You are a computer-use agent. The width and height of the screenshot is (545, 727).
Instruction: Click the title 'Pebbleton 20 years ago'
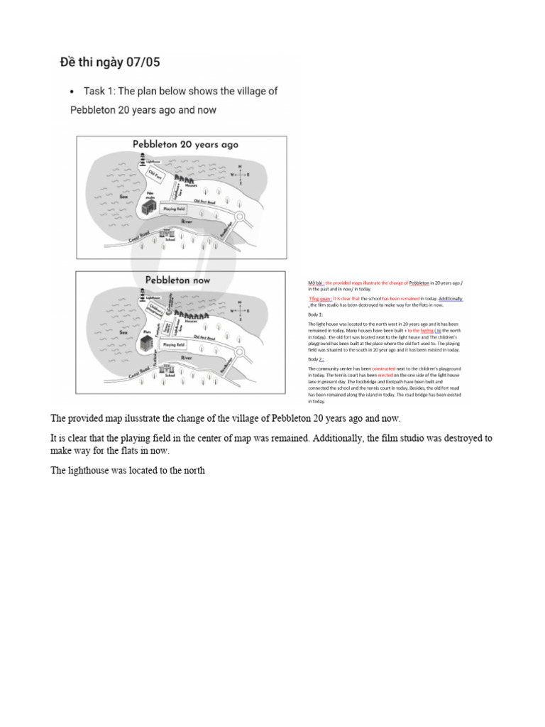185,144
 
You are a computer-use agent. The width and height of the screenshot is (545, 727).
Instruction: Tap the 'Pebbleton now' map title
178,280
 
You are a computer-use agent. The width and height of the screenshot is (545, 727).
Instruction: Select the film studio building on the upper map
149,207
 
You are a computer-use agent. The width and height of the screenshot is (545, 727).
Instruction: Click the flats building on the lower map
148,342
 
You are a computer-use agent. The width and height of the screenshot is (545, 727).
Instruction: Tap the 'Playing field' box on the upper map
175,209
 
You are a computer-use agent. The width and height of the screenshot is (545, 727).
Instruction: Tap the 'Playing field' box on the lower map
175,344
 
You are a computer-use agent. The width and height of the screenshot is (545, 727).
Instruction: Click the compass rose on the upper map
239,173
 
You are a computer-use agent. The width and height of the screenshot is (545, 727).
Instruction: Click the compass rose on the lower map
239,309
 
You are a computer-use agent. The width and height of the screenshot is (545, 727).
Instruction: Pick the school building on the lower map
168,369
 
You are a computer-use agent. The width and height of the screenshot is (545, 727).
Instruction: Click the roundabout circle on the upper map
240,217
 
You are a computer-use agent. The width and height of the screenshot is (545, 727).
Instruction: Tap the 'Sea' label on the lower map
123,332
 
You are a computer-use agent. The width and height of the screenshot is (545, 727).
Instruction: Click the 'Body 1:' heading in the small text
315,313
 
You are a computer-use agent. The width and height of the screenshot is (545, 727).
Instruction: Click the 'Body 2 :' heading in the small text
316,360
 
